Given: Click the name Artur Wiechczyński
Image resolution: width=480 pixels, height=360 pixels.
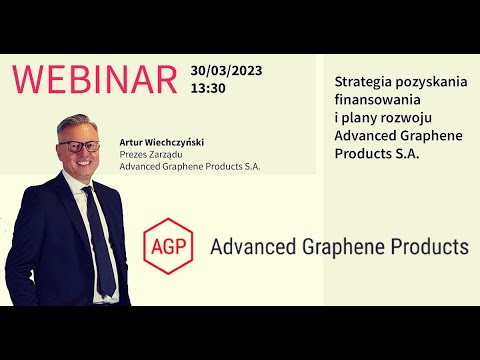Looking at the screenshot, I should pos(160,141).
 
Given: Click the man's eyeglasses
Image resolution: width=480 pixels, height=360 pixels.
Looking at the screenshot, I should pos(79,146).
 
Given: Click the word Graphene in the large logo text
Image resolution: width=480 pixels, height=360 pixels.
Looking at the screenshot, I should pos(342,246).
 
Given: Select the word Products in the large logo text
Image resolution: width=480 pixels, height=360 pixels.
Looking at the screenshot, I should pos(430,246).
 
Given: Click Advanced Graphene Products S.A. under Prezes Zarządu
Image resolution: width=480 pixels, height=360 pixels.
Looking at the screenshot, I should pos(190,166).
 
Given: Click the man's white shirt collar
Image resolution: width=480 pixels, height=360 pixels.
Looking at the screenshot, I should pos(84,186).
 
